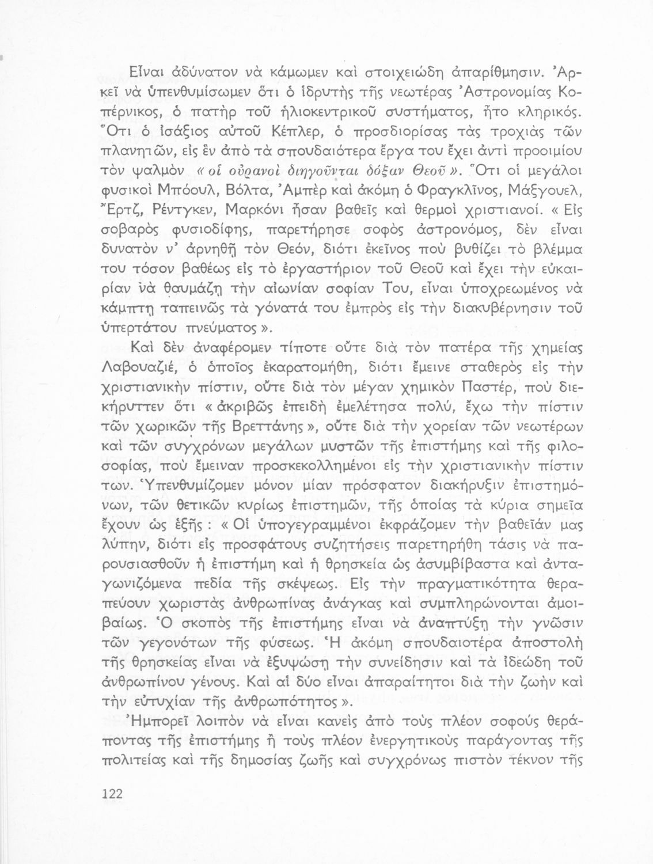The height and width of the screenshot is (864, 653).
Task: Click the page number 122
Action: (x=112, y=794)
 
